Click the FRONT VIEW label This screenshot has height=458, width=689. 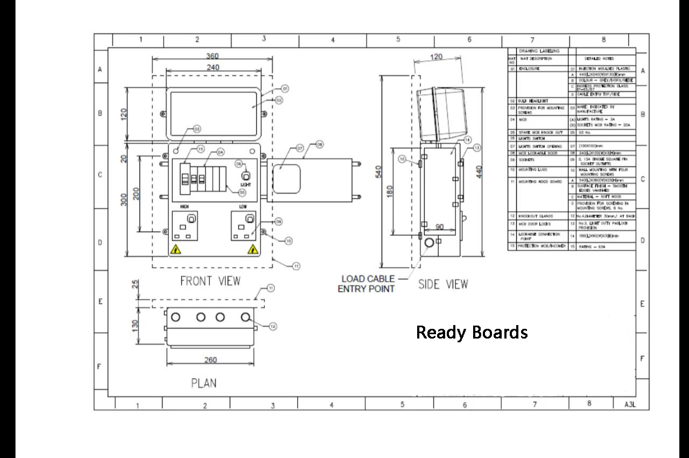coord(210,281)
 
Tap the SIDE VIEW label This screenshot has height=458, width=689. coord(443,284)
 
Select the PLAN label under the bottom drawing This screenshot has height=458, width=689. coord(203,383)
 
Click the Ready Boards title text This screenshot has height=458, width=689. coord(472,332)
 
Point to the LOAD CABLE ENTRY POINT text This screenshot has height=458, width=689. coord(367,284)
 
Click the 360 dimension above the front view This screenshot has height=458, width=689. coord(213,56)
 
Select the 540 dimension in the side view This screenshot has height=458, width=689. coord(378,172)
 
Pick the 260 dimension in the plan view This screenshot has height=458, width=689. coord(211,360)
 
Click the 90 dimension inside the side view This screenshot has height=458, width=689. coord(440,227)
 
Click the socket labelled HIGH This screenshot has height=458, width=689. coord(185,227)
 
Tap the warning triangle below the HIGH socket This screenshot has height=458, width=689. coord(175,249)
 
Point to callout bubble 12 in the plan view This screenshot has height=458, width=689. coord(273,326)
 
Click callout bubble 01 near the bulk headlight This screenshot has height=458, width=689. coord(285,88)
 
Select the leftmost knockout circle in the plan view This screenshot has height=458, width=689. coord(175,317)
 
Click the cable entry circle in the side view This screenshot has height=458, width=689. coord(429,243)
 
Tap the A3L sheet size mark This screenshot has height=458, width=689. coord(630,404)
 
